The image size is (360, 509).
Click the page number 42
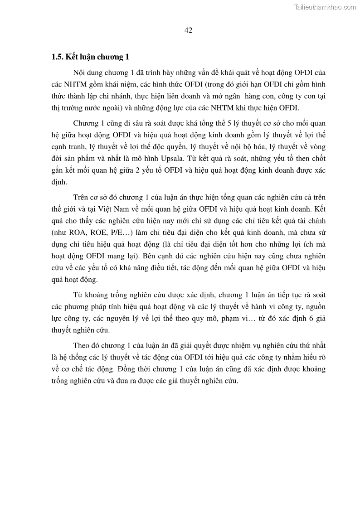pos(189,30)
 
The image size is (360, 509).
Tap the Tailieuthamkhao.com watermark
pos(325,7)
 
